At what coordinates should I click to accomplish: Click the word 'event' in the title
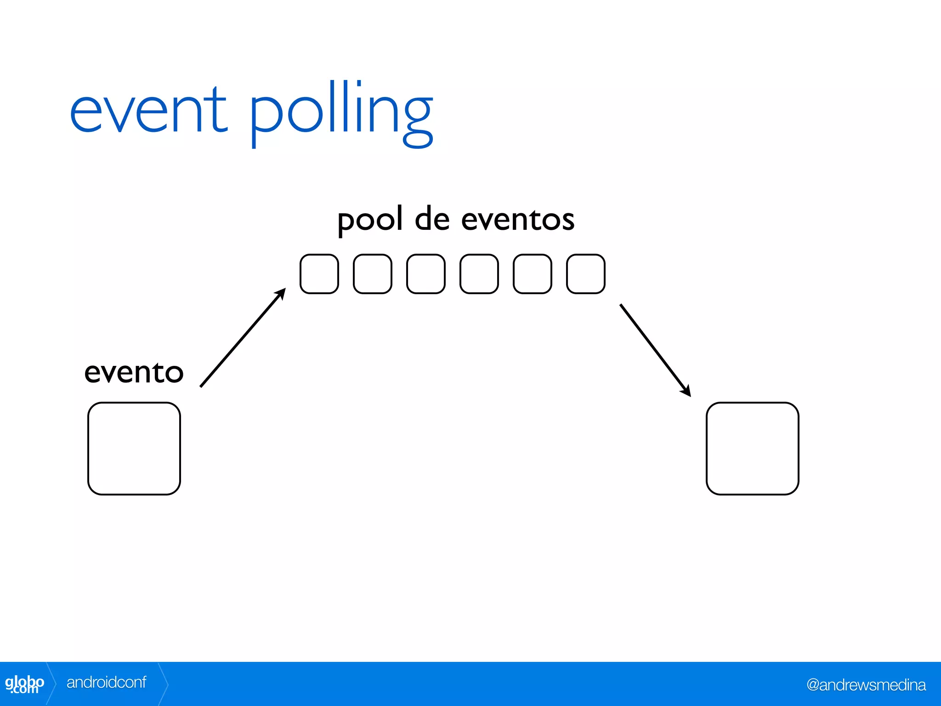(x=148, y=110)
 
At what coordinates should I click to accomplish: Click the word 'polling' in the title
(x=341, y=113)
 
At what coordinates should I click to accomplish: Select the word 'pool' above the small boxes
(x=370, y=220)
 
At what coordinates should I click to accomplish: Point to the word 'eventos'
(x=517, y=220)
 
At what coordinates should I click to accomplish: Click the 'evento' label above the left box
(x=134, y=372)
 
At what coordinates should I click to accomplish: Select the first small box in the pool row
(x=319, y=274)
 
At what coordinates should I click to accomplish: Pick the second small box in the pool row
(x=373, y=274)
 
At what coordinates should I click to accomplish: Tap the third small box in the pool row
(x=426, y=274)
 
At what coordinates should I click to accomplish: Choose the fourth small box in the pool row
(x=479, y=274)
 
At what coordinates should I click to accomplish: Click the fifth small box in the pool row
(x=533, y=274)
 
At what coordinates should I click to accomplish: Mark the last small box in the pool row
(x=586, y=274)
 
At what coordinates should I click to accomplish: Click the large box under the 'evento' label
(x=134, y=449)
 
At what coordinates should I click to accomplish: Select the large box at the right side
(x=753, y=449)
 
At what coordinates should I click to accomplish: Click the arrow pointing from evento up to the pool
(x=243, y=338)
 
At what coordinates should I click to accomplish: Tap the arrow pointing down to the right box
(x=655, y=350)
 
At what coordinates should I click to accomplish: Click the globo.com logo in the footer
(x=24, y=684)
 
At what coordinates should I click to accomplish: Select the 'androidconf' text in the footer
(x=106, y=683)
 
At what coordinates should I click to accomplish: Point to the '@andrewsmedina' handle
(x=866, y=685)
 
